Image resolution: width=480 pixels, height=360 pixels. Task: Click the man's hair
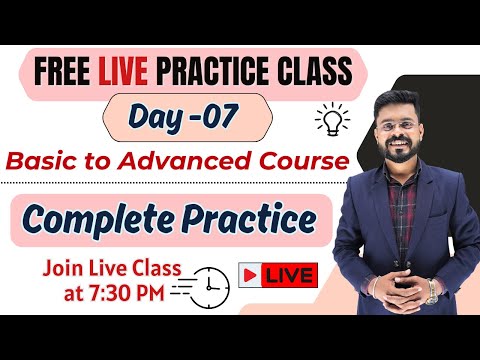398,98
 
